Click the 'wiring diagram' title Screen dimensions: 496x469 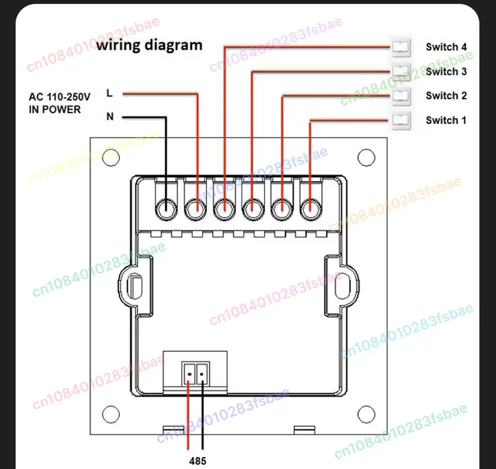click(149, 45)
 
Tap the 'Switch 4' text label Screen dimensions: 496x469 click(446, 47)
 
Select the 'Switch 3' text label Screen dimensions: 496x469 click(446, 72)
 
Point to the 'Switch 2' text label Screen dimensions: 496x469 click(446, 96)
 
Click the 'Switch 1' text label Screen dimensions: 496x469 click(446, 120)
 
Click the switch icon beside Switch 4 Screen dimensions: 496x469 click(401, 47)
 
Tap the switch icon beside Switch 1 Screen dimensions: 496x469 click(401, 121)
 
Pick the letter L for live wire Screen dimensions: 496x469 click(110, 93)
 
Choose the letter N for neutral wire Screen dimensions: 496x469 click(110, 117)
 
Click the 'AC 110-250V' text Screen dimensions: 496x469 click(60, 97)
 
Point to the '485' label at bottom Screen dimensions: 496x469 click(198, 461)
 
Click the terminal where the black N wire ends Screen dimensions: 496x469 click(166, 209)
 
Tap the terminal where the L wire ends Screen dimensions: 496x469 click(195, 209)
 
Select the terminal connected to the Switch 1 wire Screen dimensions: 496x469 click(311, 209)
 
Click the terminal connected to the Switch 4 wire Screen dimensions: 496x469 click(224, 209)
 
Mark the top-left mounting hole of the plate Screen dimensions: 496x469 click(111, 157)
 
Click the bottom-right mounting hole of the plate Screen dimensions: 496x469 click(366, 414)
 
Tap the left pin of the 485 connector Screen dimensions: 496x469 click(189, 374)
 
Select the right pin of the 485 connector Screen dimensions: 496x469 click(202, 374)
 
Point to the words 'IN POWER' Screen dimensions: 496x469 click(55, 110)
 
